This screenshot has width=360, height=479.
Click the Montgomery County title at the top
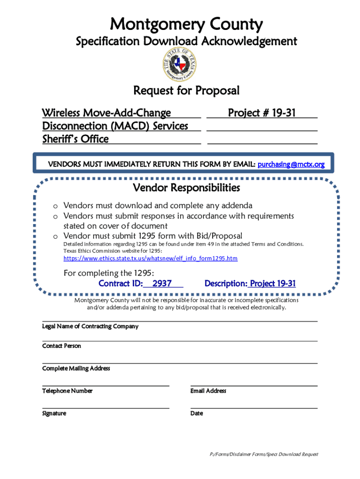click(x=186, y=24)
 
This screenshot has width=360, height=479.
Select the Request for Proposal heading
click(x=186, y=90)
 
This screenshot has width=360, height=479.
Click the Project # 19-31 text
click(x=261, y=113)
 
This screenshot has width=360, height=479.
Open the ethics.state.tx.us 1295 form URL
click(x=151, y=258)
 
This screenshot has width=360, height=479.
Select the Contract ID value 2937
click(x=162, y=283)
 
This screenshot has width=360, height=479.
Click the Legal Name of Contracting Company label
click(x=90, y=326)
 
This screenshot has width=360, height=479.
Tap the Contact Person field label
click(x=61, y=346)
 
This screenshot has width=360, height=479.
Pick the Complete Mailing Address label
click(x=76, y=368)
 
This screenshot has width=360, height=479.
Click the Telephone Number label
click(x=67, y=391)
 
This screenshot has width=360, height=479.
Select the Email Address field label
click(x=208, y=391)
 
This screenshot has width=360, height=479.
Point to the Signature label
click(x=54, y=413)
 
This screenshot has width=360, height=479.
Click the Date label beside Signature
click(x=197, y=413)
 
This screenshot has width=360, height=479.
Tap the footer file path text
click(x=264, y=454)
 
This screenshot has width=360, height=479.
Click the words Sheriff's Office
click(x=75, y=139)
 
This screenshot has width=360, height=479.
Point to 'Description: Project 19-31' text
click(x=250, y=283)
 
